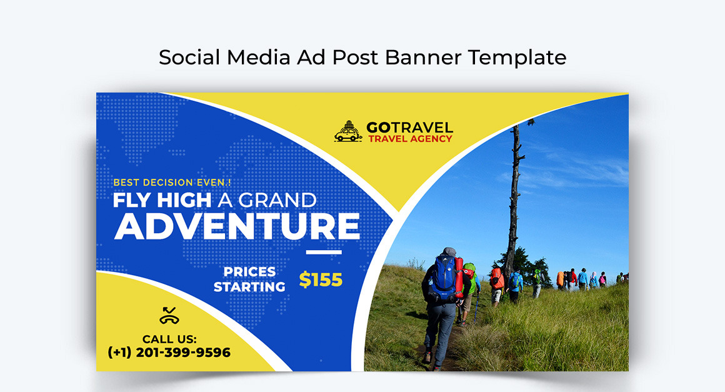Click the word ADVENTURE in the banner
[x=237, y=226]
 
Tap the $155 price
[x=321, y=279]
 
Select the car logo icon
[x=348, y=131]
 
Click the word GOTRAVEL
[x=409, y=127]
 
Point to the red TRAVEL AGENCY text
[x=410, y=139]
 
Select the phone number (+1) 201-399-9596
[x=169, y=352]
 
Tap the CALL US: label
[x=169, y=339]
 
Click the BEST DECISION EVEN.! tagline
[x=172, y=183]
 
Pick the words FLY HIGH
[x=162, y=200]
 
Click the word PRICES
[x=249, y=272]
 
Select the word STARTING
[x=249, y=287]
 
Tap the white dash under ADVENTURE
[x=324, y=253]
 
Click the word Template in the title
[x=517, y=58]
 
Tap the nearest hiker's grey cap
[x=449, y=251]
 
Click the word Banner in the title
[x=423, y=58]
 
